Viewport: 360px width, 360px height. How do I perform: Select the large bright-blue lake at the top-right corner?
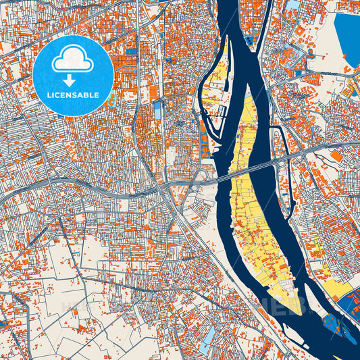coord(348,37)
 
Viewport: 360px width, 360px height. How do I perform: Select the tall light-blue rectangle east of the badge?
coord(158,108)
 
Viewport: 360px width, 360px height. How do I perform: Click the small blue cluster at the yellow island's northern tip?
coord(251,41)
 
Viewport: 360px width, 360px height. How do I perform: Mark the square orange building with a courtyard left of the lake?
coord(300,31)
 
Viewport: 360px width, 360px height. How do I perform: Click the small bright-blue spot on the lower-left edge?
coord(3,324)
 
